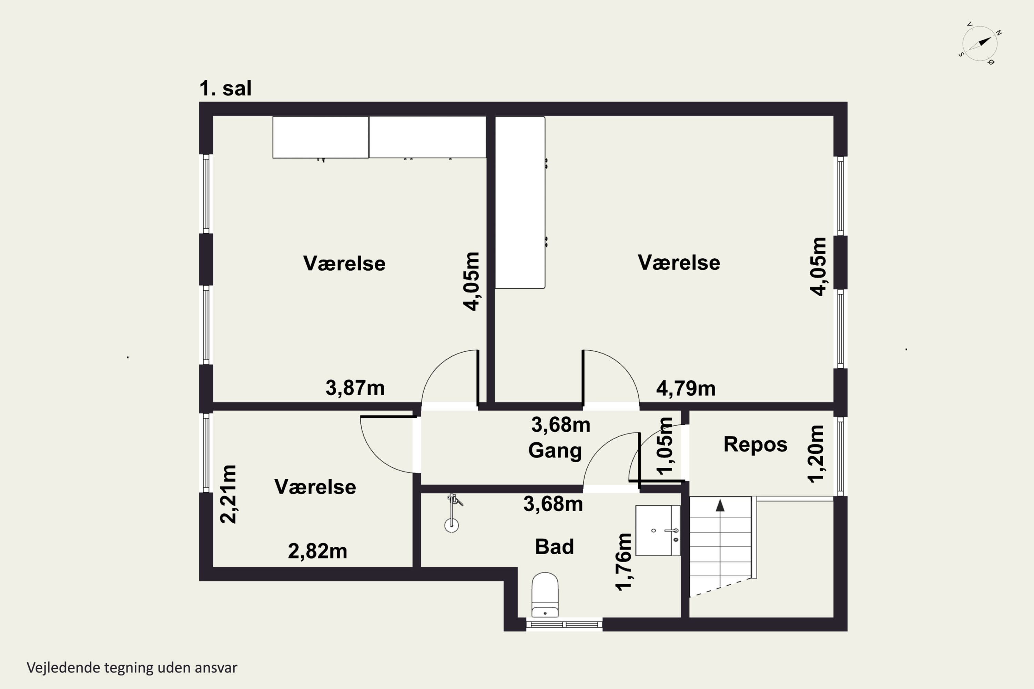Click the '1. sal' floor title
tap(225, 88)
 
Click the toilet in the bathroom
tap(545, 595)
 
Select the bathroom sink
tap(658, 531)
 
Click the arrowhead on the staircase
tap(720, 506)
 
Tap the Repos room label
tap(755, 445)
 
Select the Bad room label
tap(554, 547)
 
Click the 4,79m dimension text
tap(686, 389)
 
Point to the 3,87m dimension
tap(355, 388)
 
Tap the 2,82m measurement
tap(317, 551)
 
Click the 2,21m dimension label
tap(228, 494)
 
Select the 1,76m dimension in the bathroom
tap(624, 562)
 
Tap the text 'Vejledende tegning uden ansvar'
tap(132, 668)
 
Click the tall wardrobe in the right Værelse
tap(520, 203)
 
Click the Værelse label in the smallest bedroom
tap(315, 487)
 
